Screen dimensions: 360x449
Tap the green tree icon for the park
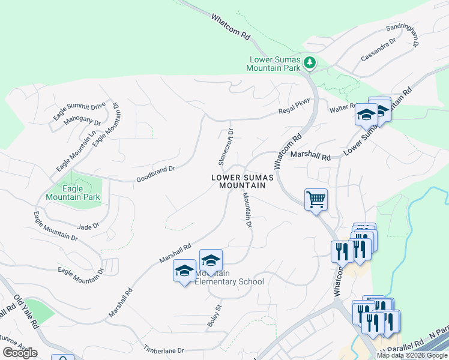309,62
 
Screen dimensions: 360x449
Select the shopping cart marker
316,200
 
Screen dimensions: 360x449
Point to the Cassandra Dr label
378,50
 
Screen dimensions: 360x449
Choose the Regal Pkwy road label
294,107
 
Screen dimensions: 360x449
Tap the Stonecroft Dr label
225,147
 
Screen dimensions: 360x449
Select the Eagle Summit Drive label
79,112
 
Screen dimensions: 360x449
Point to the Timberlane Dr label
163,349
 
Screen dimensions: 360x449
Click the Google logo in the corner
20,353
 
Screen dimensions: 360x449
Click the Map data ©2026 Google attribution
411,355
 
